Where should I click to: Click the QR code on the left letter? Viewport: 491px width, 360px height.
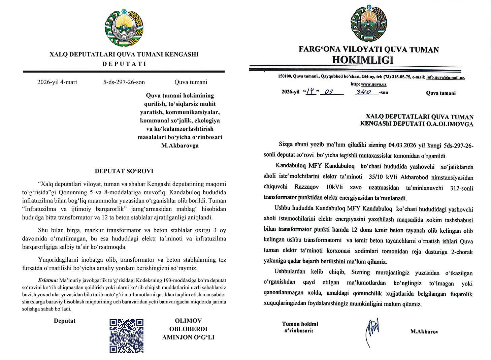(127, 335)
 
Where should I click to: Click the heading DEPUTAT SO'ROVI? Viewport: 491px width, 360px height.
(124, 171)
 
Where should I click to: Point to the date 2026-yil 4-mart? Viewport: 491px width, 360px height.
(57, 82)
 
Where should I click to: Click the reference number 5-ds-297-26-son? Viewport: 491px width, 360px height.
(124, 82)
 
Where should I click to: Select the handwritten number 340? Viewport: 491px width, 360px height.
(364, 92)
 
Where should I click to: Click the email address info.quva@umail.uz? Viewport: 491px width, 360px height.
(445, 77)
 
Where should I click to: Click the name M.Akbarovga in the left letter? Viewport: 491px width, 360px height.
(180, 146)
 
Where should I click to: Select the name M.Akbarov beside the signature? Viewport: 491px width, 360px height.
(424, 332)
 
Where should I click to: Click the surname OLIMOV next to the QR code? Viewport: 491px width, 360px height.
(188, 321)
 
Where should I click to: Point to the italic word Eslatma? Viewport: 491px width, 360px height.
(48, 280)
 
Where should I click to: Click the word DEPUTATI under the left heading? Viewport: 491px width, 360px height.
(124, 64)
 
